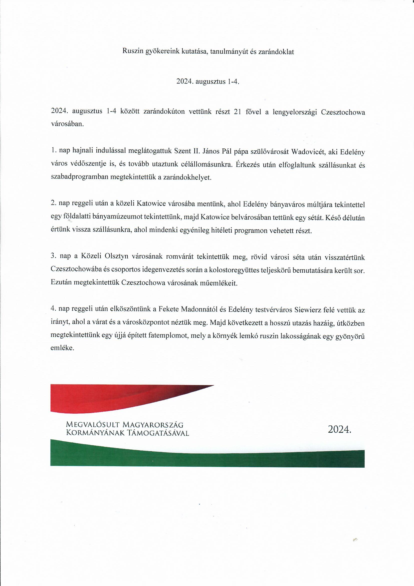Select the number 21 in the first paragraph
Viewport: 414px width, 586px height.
(237, 112)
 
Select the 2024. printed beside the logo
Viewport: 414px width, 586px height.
(340, 430)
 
